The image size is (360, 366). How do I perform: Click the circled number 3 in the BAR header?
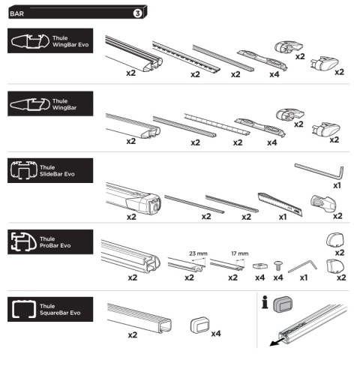[x=137, y=13]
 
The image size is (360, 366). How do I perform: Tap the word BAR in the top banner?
[x=16, y=13]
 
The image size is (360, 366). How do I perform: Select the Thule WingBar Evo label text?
[x=70, y=41]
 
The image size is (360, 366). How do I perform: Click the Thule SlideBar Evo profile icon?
[x=24, y=170]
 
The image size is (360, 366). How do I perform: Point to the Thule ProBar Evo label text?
[x=55, y=242]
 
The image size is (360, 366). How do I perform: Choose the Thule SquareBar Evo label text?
[x=60, y=309]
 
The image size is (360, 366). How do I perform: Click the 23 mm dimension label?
[x=198, y=253]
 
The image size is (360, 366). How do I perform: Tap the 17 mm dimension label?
[x=240, y=253]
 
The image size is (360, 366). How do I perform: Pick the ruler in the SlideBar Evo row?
[x=280, y=204]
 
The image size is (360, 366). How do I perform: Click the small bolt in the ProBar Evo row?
[x=278, y=265]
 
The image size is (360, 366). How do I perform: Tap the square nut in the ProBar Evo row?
[x=260, y=266]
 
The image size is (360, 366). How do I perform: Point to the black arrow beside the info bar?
[x=277, y=341]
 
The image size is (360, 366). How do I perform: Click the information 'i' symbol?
[x=265, y=302]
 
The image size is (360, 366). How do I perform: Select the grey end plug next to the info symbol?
[x=283, y=304]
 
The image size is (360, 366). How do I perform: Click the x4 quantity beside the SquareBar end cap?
[x=216, y=334]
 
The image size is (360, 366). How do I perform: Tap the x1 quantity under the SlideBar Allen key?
[x=337, y=185]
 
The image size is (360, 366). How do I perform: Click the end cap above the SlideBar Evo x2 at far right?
[x=323, y=203]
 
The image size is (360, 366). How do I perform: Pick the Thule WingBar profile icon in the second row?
[x=30, y=104]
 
